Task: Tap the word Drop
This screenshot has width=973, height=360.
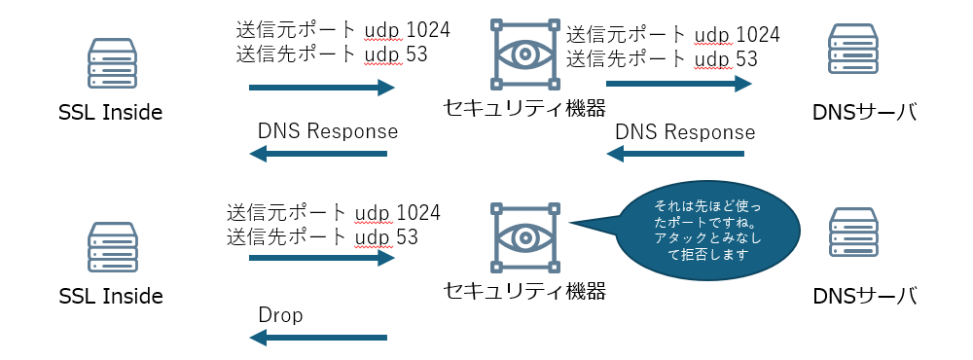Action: pos(280,315)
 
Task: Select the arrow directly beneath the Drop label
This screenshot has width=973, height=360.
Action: pos(318,338)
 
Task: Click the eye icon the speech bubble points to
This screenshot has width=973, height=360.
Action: pos(525,236)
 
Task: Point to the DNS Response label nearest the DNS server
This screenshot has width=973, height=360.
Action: pos(685,131)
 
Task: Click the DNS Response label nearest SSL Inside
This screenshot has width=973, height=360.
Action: pos(327,131)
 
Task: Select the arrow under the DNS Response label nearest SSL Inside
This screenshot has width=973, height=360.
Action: pos(318,154)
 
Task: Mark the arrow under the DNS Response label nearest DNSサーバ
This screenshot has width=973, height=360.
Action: pos(675,154)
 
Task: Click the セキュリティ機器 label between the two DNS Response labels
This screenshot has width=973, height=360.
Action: pos(524,107)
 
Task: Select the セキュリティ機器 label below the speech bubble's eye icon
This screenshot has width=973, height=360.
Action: pos(524,290)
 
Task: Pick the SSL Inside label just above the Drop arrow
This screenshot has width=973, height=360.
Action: pos(110,295)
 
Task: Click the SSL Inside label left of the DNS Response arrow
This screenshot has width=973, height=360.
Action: pos(110,113)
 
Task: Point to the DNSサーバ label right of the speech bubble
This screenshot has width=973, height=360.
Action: pos(865,295)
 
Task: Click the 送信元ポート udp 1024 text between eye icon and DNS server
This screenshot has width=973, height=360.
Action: pos(673,36)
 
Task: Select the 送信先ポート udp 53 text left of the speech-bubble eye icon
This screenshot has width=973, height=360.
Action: pos(322,236)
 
